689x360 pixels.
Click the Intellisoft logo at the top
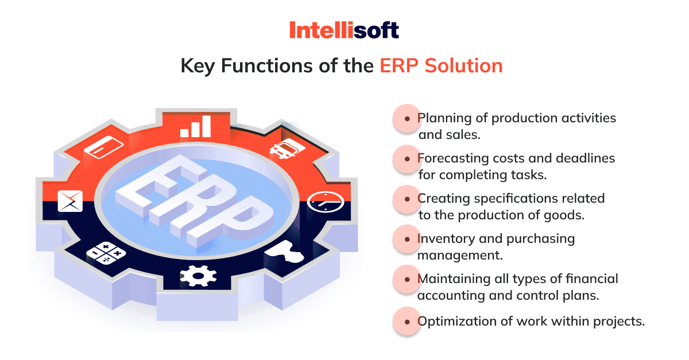click(x=344, y=30)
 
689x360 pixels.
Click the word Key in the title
click(x=197, y=66)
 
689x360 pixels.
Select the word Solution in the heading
click(x=463, y=65)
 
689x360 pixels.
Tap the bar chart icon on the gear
click(x=196, y=126)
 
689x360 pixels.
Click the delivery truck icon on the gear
click(x=287, y=148)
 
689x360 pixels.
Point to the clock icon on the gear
click(x=325, y=202)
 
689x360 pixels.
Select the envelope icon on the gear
click(x=70, y=201)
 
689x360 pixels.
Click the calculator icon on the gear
click(x=106, y=253)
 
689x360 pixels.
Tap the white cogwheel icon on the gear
click(x=198, y=276)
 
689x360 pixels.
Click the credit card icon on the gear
click(x=104, y=148)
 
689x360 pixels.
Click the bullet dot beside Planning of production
click(x=407, y=119)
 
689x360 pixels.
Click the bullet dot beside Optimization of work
click(x=407, y=322)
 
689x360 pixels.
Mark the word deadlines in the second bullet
click(x=585, y=158)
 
